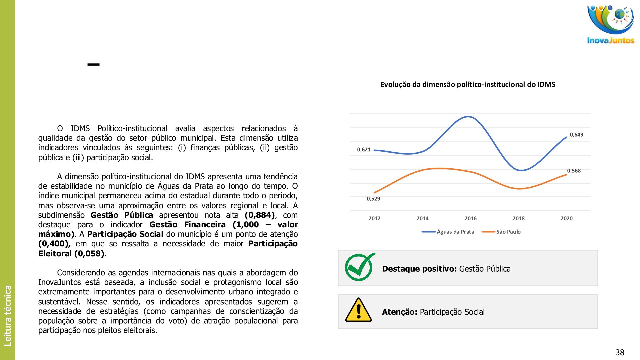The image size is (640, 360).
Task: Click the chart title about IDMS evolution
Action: pos(468,85)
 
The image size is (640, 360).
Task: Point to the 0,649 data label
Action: pos(576,135)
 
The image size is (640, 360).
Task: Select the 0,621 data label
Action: pos(364,150)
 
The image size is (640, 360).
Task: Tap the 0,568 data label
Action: pos(574,171)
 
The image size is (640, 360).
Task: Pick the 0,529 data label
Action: pos(373,199)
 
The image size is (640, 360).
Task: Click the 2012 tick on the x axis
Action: pos(374,219)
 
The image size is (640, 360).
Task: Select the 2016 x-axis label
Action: pos(470,219)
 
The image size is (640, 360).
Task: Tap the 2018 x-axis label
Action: pos(518,219)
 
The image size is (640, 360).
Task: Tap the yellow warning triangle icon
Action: pos(358,310)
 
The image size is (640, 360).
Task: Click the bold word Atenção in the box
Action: pos(399,312)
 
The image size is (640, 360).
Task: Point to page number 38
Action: pos(620,352)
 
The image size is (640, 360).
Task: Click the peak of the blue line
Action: pos(469,117)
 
